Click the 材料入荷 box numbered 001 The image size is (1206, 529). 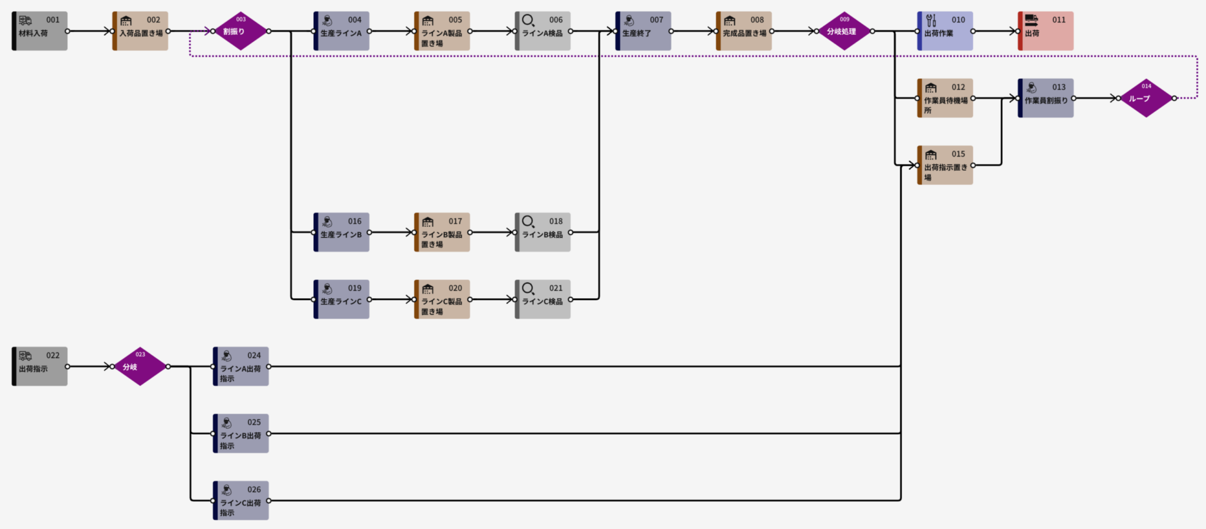(x=39, y=31)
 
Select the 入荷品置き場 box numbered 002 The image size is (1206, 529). (x=140, y=31)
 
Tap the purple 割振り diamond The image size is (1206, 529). (x=241, y=31)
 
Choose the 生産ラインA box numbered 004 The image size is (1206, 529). (x=342, y=31)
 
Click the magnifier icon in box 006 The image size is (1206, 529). (x=528, y=20)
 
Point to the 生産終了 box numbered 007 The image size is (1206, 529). (x=643, y=31)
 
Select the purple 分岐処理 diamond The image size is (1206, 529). (x=844, y=31)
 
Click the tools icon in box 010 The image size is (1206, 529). (x=931, y=20)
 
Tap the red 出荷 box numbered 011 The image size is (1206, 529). (x=1046, y=31)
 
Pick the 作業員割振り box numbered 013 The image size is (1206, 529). (x=1046, y=98)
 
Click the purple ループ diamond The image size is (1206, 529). (x=1146, y=98)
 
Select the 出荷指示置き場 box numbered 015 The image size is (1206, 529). (x=945, y=165)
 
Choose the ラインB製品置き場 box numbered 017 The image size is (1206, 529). (x=442, y=232)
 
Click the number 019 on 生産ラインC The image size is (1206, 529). (x=354, y=288)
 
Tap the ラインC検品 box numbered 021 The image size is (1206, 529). (x=543, y=299)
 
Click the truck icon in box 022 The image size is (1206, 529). (x=25, y=356)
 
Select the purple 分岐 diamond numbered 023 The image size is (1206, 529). (x=140, y=366)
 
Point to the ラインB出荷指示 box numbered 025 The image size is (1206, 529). (x=241, y=434)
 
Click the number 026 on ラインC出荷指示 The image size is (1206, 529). (x=254, y=490)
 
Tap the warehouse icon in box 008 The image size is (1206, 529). (x=730, y=21)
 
